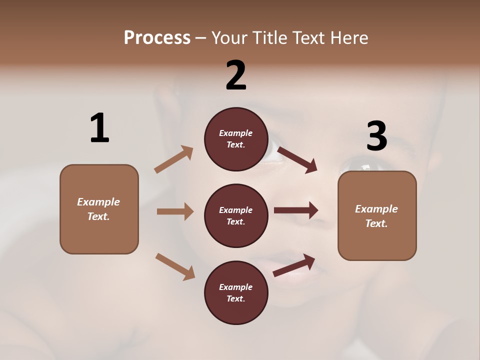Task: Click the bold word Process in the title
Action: (x=157, y=37)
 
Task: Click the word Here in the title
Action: (x=348, y=37)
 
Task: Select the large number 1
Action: (x=99, y=128)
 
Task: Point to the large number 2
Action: (x=236, y=75)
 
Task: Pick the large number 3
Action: (x=376, y=136)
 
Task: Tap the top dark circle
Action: (x=236, y=139)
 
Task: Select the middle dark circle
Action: (x=236, y=215)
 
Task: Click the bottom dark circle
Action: (x=236, y=292)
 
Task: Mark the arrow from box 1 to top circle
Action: (x=173, y=159)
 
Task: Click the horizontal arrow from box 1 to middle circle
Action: (x=174, y=211)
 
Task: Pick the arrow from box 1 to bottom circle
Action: (x=174, y=266)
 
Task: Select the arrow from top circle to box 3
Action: (x=297, y=159)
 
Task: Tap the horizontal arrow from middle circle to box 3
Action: (x=295, y=210)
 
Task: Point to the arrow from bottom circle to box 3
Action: (x=294, y=265)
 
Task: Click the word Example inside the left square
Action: (x=98, y=202)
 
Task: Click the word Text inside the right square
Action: (x=376, y=223)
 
